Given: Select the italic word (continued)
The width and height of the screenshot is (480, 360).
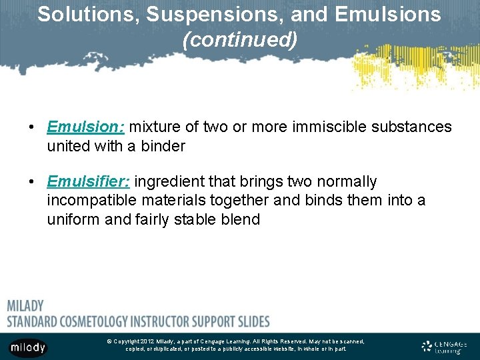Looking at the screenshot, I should click(240, 40).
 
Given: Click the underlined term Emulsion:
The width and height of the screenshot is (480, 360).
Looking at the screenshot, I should click(86, 127).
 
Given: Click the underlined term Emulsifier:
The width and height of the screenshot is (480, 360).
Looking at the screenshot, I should click(90, 181).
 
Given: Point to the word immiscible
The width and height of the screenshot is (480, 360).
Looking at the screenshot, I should click(324, 127).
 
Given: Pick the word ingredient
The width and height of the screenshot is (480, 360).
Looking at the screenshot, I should click(174, 181).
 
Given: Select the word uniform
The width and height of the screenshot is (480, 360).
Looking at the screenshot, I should click(74, 219).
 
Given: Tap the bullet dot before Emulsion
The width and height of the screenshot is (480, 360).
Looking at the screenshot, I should click(31, 127).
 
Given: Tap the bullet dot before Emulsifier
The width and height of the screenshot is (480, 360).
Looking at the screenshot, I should click(31, 182).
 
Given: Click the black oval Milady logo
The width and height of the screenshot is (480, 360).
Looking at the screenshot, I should click(28, 347).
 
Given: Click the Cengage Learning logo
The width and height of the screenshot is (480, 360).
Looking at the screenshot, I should click(445, 347).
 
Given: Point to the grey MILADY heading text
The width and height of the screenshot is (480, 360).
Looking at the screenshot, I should click(25, 306).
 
